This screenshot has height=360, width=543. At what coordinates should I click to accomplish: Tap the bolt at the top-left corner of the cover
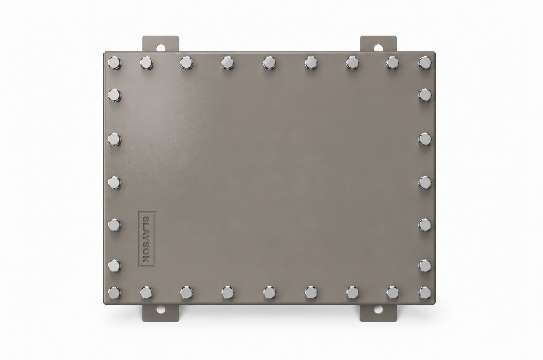coord(114,63)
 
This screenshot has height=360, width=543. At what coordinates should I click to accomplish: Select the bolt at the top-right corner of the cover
coord(425,63)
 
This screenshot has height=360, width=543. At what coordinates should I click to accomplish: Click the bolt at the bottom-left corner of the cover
coord(114,292)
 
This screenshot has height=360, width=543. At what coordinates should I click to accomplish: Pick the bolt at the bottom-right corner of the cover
coord(425,292)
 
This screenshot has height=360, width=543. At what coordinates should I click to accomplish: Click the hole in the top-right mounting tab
coord(378,47)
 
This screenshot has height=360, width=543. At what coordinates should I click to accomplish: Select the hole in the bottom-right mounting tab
coord(378,309)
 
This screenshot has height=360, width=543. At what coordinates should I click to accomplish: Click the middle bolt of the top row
coord(269,63)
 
